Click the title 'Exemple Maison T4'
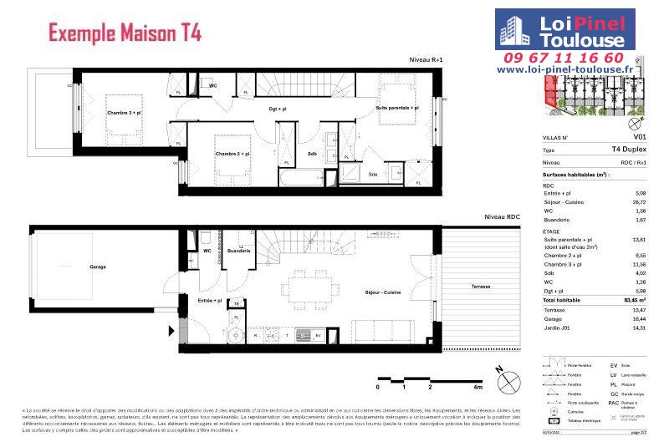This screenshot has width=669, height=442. click(x=125, y=34)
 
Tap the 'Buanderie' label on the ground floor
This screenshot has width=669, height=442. click(x=238, y=251)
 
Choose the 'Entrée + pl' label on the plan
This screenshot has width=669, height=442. click(x=209, y=300)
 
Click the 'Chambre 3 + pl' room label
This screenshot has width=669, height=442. click(x=124, y=112)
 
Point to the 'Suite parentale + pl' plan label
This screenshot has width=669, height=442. click(x=397, y=109)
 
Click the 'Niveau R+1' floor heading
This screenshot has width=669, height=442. click(x=425, y=60)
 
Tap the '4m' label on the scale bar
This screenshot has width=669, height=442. click(x=478, y=388)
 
